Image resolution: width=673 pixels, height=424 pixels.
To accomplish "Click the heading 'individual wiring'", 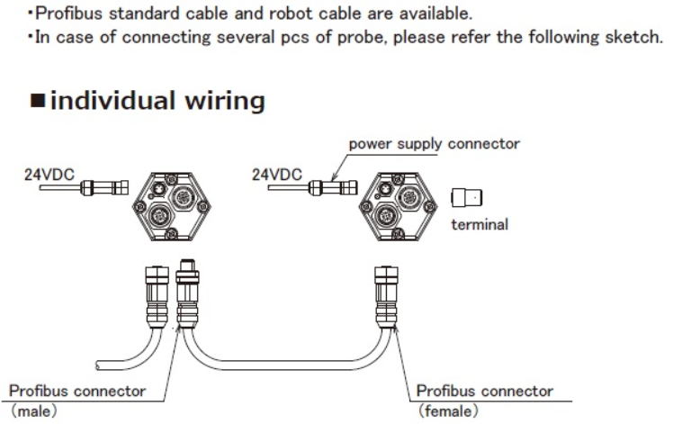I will point(157,101).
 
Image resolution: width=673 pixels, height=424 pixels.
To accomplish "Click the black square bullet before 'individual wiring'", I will point(38,102).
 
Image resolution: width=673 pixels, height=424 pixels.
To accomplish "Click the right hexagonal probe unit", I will point(397,203).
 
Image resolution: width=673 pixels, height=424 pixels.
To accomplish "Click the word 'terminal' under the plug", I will point(480,224).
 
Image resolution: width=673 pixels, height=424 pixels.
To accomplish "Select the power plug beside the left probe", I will point(102,187).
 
